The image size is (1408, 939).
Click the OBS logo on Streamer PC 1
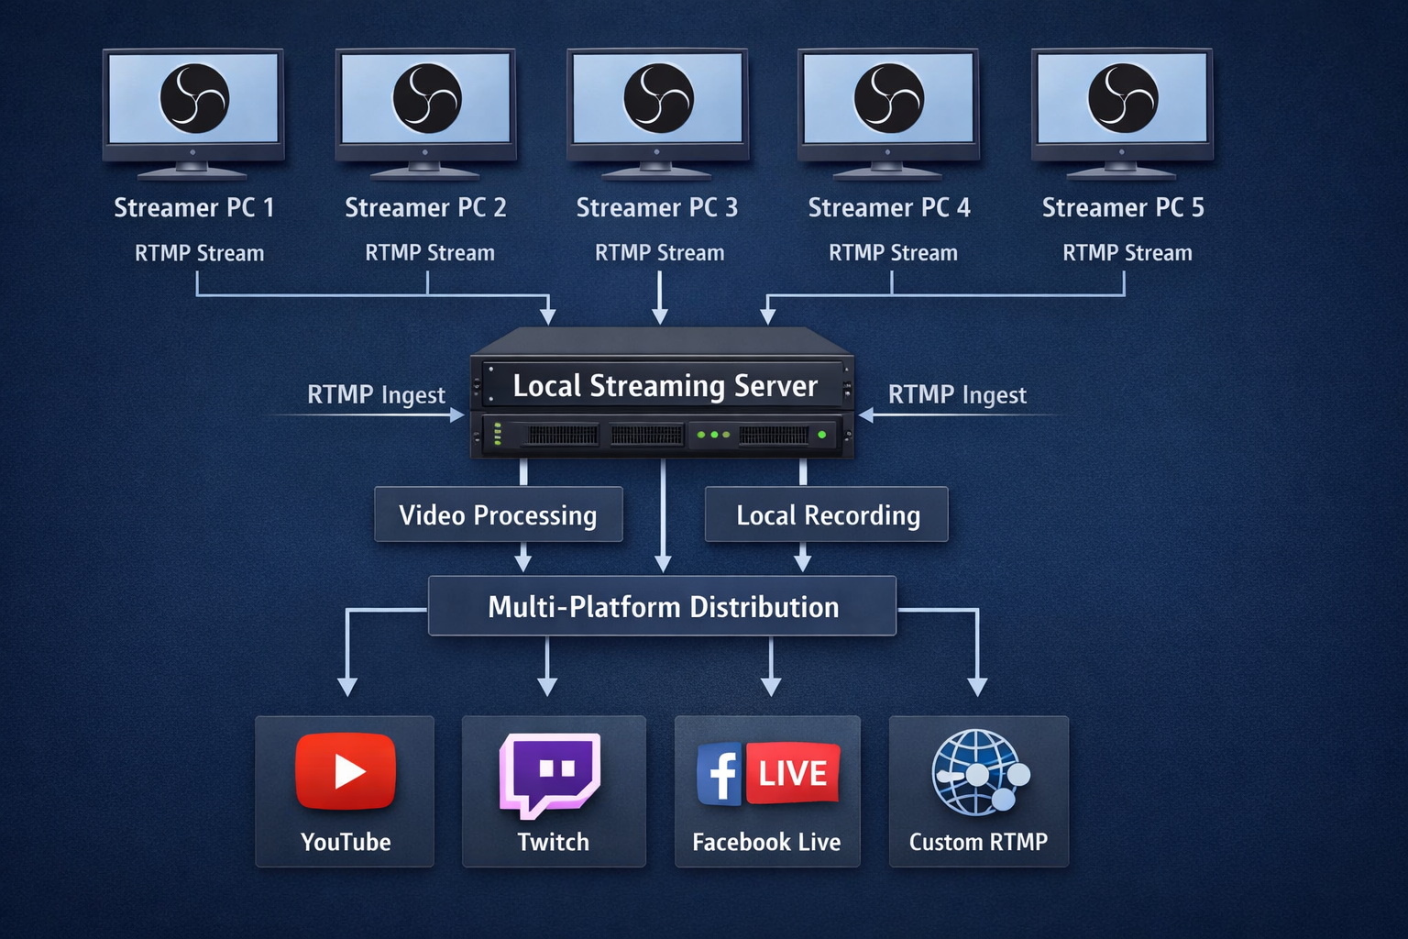tap(194, 98)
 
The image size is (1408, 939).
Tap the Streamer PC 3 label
tap(656, 208)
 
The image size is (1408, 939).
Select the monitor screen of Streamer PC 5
tap(1122, 98)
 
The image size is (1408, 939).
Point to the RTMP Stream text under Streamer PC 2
tap(429, 253)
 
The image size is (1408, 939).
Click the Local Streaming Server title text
tap(665, 386)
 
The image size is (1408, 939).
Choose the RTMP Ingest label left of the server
tap(376, 395)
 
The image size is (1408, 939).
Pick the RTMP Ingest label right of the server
tap(957, 395)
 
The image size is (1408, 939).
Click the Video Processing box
tap(498, 515)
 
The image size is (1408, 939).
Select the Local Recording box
tap(827, 515)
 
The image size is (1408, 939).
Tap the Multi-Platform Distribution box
tap(663, 607)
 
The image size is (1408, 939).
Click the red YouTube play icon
tap(346, 771)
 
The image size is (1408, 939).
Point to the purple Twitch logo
tap(550, 773)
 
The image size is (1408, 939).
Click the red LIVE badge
tap(793, 773)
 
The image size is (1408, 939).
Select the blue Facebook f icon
tap(720, 774)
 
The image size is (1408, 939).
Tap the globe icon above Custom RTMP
tap(977, 773)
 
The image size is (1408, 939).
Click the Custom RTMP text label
tap(978, 842)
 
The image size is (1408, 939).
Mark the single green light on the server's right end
tap(821, 435)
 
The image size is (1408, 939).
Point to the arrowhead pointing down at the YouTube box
tap(346, 686)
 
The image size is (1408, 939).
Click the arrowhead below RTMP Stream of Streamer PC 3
tap(659, 316)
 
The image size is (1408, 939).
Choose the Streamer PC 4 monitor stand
tap(887, 169)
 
